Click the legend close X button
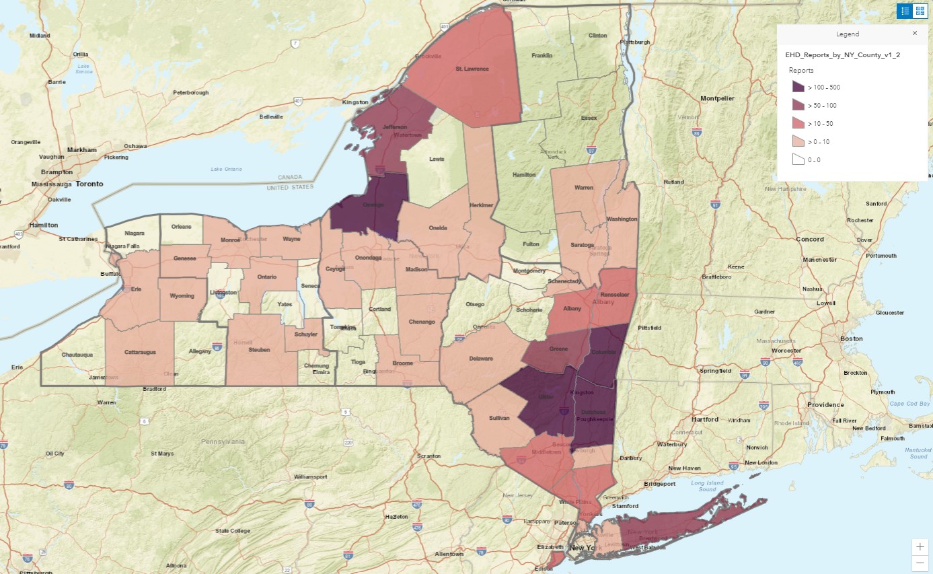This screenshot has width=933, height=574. point(914,33)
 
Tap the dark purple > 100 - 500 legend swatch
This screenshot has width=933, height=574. point(798,87)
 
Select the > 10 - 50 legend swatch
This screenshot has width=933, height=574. point(798,123)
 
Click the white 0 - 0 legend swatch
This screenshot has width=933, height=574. point(798,159)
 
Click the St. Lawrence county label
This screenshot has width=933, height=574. point(472,69)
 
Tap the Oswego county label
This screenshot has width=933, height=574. point(373,205)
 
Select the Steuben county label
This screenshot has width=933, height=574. point(259,350)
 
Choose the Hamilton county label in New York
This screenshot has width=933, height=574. point(523,174)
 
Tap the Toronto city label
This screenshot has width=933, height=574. point(89,184)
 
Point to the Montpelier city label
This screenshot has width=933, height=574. point(717,98)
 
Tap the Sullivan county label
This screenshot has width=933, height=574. point(499,417)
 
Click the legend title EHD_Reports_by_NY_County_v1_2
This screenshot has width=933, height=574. point(833,54)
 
